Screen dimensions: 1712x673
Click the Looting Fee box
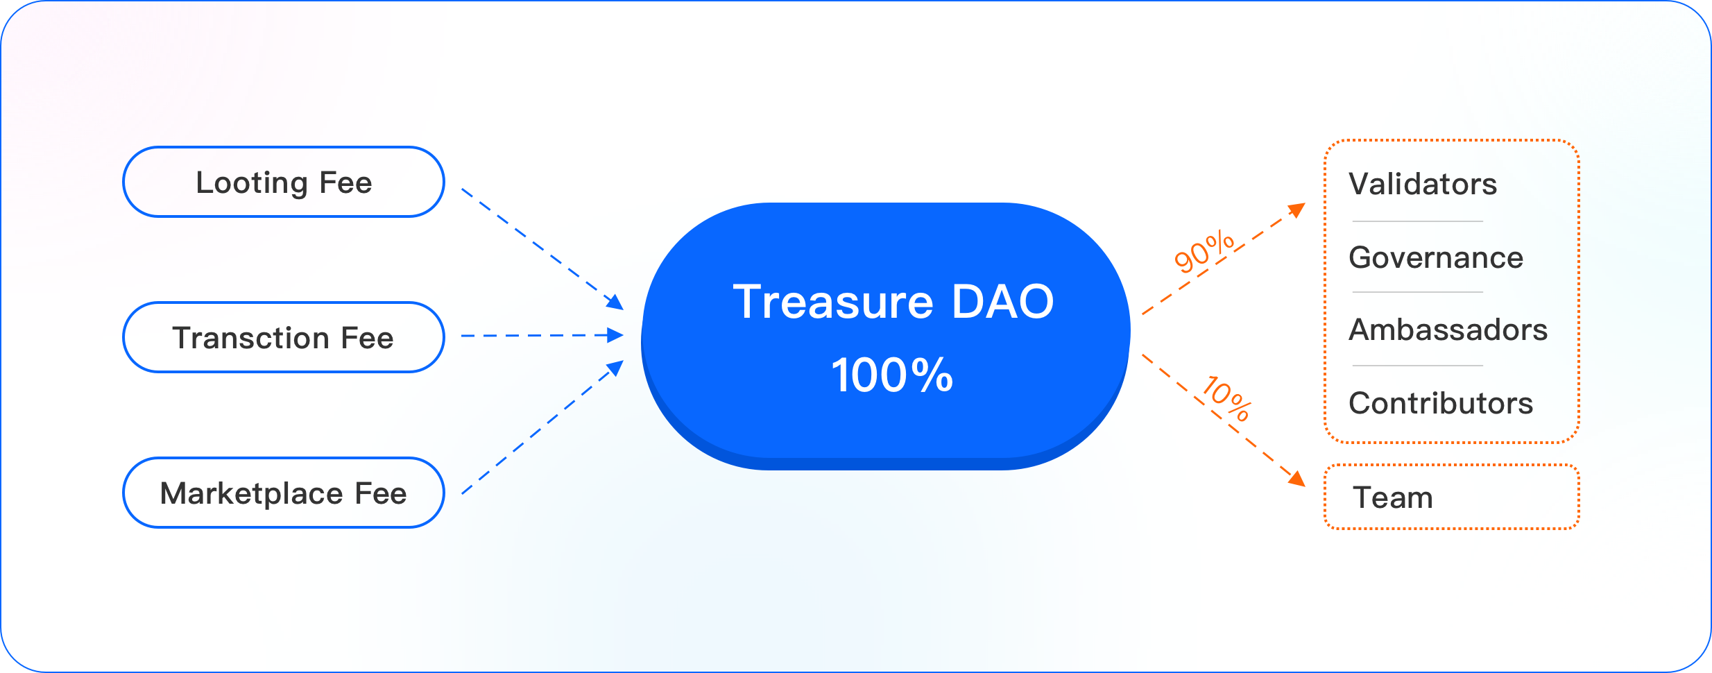[284, 182]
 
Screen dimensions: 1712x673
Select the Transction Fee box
[284, 337]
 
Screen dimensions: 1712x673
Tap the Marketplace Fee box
[284, 493]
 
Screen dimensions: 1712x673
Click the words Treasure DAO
[893, 302]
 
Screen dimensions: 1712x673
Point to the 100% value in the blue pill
[892, 375]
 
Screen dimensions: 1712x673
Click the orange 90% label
[1204, 252]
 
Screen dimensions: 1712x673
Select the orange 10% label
[1227, 398]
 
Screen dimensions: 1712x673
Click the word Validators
[1423, 184]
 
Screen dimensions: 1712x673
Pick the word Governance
[1436, 258]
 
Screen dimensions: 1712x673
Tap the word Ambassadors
[1448, 330]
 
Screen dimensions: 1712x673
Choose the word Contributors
[1441, 403]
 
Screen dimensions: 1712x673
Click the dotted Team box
[1452, 497]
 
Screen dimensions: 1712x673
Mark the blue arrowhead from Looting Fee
[615, 302]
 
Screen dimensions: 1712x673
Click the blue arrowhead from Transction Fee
[615, 335]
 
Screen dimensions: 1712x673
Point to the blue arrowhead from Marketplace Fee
[615, 368]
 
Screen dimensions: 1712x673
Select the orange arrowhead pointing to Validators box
[1296, 210]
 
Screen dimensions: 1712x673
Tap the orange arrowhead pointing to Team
[1296, 478]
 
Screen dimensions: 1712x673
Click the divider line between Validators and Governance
[1418, 221]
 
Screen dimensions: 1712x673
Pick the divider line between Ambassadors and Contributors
[1418, 366]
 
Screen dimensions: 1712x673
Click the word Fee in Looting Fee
[345, 182]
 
